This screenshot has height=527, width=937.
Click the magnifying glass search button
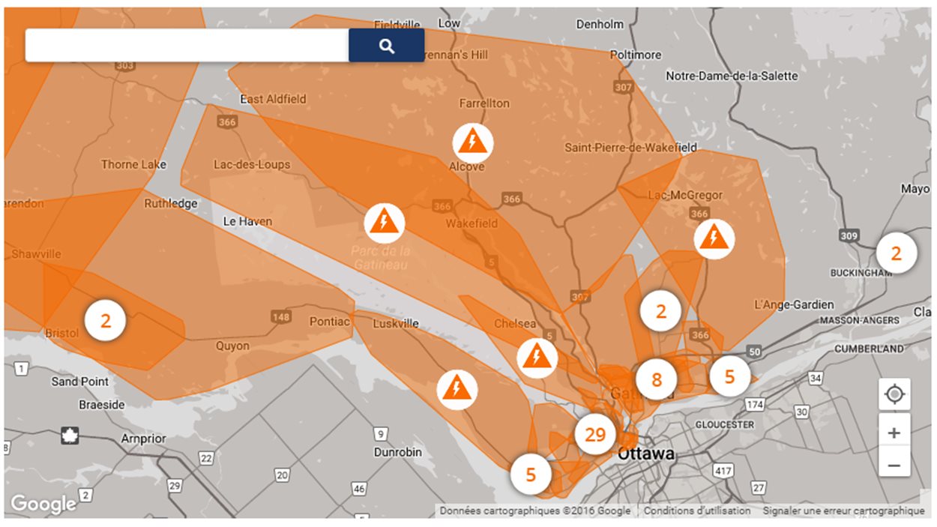click(x=386, y=46)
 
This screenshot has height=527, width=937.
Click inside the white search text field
click(x=187, y=46)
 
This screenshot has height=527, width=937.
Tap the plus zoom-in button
click(x=894, y=433)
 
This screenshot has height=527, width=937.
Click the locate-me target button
click(x=894, y=394)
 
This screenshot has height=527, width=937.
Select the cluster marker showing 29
click(x=595, y=435)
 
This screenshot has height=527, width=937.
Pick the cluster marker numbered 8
click(x=657, y=379)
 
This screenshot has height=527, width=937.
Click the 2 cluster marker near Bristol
click(x=106, y=321)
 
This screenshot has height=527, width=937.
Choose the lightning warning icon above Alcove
click(x=472, y=141)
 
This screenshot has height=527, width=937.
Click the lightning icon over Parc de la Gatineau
click(x=385, y=223)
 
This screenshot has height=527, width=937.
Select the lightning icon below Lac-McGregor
click(x=713, y=239)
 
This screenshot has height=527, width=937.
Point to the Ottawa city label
click(x=645, y=454)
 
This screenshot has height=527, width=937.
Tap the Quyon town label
click(x=232, y=346)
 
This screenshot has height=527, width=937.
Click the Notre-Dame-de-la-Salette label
click(x=732, y=76)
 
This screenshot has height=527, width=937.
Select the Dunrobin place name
click(x=398, y=452)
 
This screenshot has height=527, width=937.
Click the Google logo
click(x=43, y=504)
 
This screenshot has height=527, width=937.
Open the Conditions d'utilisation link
click(x=696, y=511)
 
